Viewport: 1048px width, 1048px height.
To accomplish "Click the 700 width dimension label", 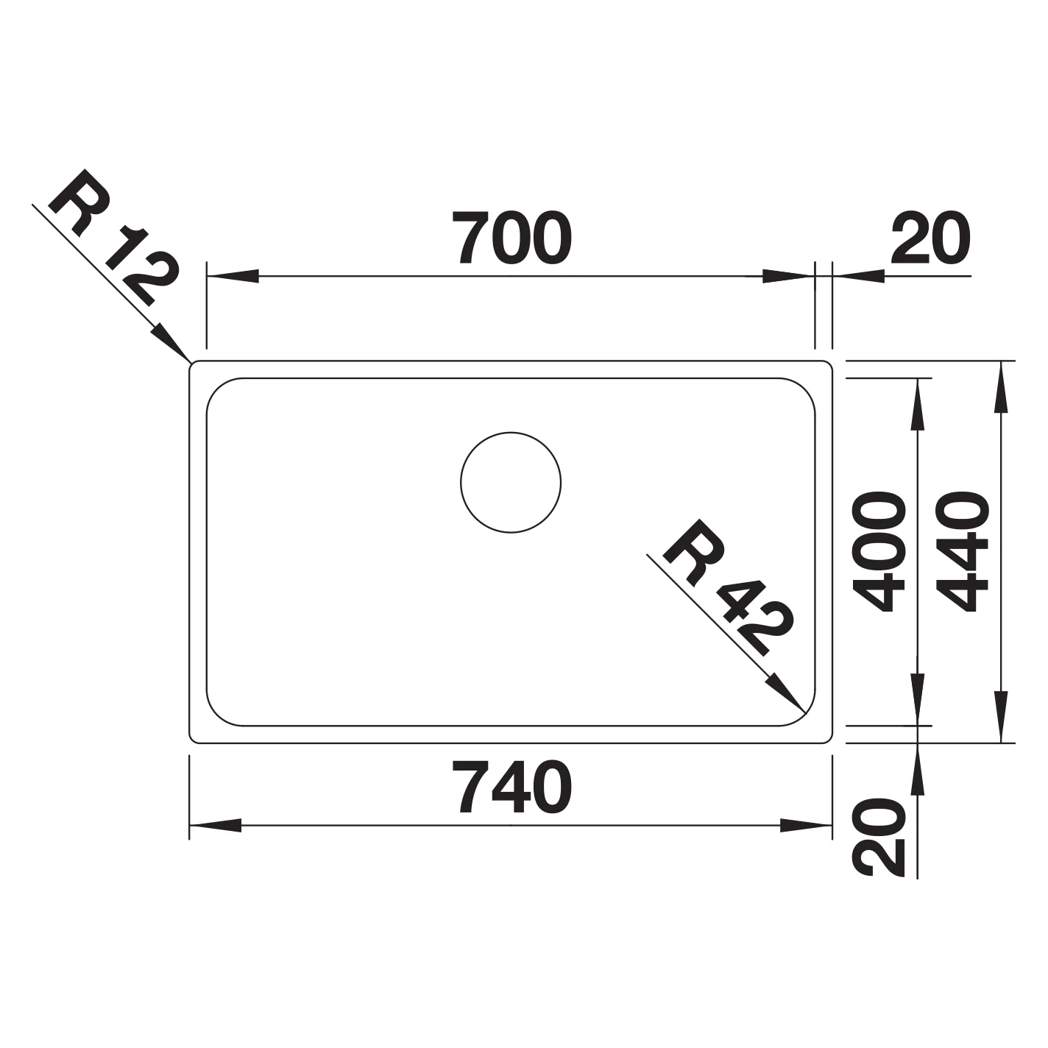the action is coord(511,237).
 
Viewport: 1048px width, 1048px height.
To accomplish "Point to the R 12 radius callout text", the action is coord(113,238).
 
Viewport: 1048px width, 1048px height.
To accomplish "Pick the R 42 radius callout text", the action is coord(728,589).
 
